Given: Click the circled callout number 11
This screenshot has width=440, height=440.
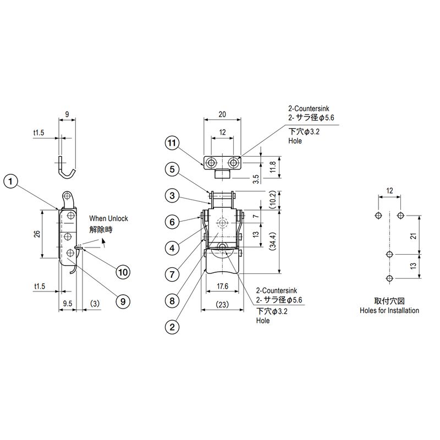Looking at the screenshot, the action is (172, 143).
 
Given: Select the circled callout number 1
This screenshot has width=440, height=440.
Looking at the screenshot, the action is (10, 182).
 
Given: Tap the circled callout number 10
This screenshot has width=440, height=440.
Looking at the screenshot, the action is (123, 272).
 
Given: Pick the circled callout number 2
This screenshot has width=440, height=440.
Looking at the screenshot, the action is (172, 327).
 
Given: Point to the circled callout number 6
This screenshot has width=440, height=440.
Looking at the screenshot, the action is (172, 222).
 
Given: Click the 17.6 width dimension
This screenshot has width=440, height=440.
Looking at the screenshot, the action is (222, 286).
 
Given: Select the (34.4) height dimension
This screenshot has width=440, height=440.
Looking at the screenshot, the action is (273, 241).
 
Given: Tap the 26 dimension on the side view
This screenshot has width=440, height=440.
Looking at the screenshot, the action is (37, 234).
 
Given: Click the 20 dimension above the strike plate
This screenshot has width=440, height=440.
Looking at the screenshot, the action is (222, 114).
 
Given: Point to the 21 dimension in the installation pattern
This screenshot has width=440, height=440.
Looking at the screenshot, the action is (414, 236).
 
